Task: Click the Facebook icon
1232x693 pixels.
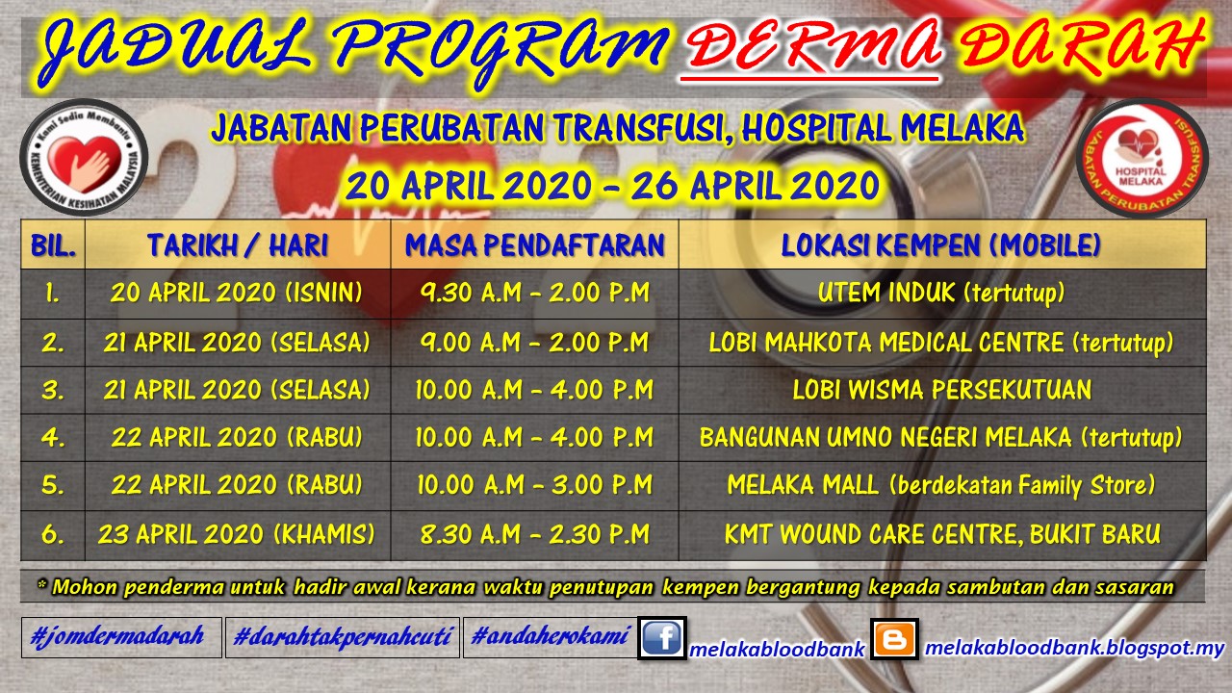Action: pos(661,639)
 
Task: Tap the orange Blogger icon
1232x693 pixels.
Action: pos(894,639)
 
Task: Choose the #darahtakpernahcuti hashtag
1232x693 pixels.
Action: pos(342,636)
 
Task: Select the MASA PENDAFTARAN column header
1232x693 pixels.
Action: pos(534,244)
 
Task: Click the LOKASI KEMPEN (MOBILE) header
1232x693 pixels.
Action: pos(941,244)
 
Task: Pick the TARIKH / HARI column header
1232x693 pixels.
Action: pos(237,244)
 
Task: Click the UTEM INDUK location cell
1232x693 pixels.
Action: pos(941,293)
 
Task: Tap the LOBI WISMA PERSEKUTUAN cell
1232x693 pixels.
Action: pos(941,390)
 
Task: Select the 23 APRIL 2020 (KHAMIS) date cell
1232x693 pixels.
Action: pos(237,534)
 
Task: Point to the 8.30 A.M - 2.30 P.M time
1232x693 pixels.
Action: pos(534,534)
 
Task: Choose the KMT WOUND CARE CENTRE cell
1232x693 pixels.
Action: pos(941,534)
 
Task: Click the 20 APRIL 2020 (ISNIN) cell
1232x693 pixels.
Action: pos(237,293)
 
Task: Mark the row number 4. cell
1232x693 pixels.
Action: pos(53,438)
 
